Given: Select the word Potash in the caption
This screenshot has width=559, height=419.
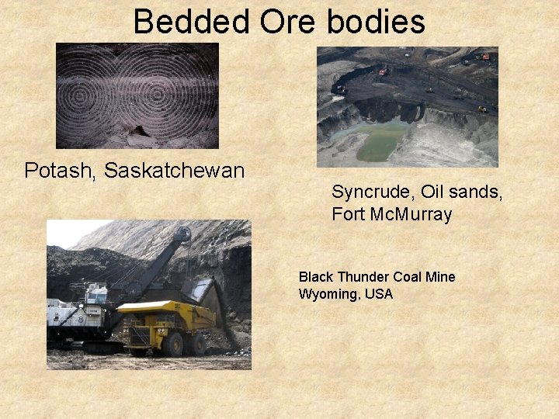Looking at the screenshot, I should tap(58, 171).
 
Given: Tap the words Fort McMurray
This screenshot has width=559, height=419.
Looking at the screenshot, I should tap(391, 215).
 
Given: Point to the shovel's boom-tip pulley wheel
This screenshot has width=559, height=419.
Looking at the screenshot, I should tap(182, 234).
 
